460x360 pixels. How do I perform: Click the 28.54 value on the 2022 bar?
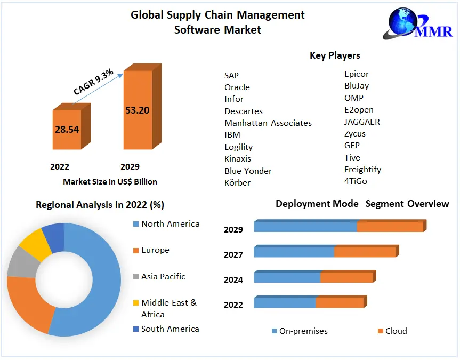tap(67, 130)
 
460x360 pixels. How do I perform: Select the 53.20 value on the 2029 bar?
tap(137, 110)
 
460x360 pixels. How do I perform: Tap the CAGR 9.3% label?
tap(93, 82)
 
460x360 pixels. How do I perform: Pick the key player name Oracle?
tap(237, 87)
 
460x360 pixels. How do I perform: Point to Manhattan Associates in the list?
tap(268, 123)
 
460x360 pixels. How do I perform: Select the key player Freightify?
tap(362, 170)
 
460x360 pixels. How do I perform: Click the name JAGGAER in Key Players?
tap(362, 122)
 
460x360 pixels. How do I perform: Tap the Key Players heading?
tap(335, 55)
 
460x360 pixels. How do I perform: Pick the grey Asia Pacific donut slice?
tap(19, 262)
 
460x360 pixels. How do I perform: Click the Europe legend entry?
tap(155, 250)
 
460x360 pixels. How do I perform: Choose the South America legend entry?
tap(170, 329)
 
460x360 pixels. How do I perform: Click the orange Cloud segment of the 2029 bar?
tap(390, 227)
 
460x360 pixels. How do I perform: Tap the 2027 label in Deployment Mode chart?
tap(233, 255)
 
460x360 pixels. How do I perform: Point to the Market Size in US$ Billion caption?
tap(110, 181)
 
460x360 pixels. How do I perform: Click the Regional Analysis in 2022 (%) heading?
tap(100, 205)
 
